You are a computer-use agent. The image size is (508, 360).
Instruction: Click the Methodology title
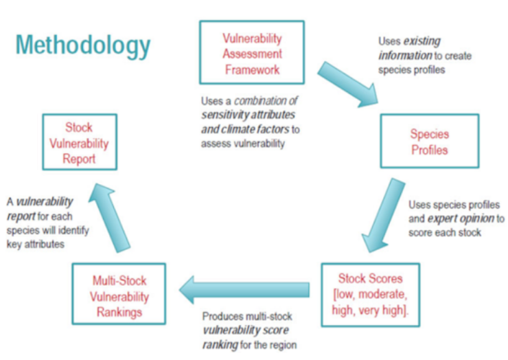83,46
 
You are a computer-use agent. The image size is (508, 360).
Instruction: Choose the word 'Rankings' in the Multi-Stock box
120,311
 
